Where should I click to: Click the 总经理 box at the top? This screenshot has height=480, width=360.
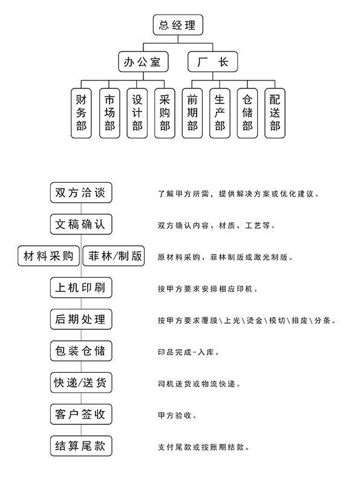[178, 25]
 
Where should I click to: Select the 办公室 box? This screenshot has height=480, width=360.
[143, 62]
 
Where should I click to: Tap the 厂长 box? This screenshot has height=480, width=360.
[212, 62]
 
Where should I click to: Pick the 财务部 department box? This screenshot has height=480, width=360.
[81, 113]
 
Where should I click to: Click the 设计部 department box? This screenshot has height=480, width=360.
[137, 113]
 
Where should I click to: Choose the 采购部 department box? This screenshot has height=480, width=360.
[165, 113]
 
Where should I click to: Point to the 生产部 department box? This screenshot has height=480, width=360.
[220, 113]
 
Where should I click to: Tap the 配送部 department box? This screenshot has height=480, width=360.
[275, 113]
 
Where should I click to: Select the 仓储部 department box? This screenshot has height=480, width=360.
[247, 113]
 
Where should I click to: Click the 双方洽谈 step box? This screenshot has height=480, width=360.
[81, 192]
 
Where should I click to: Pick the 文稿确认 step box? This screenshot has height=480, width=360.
[81, 225]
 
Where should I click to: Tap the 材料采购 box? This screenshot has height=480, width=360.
[48, 256]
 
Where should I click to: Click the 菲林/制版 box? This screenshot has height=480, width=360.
[114, 256]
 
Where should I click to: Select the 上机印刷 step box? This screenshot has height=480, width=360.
[81, 288]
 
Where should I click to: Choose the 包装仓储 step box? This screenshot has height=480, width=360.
[81, 351]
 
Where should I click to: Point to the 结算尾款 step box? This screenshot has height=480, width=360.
[81, 446]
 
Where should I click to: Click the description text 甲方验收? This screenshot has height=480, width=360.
[177, 416]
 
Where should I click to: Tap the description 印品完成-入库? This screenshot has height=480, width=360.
[189, 352]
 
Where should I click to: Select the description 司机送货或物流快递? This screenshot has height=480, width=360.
[199, 384]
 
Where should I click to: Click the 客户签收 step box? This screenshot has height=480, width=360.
[81, 414]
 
